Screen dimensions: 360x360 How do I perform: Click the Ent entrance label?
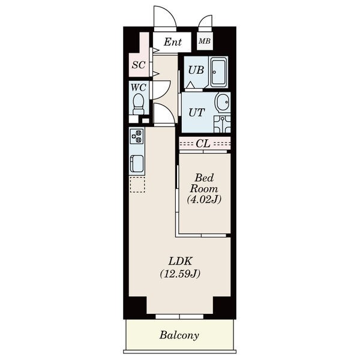coord(173,42)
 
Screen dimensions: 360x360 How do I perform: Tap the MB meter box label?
coord(205,41)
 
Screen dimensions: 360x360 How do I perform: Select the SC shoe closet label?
coord(139,65)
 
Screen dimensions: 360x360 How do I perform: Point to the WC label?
coord(139,88)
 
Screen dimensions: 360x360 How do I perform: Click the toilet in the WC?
coord(139,104)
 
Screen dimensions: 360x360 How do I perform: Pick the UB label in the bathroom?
coord(196,70)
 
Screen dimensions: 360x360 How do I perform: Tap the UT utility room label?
coord(197,113)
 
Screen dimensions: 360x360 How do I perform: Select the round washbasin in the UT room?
coord(222,102)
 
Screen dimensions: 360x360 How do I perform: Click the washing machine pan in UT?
coord(222,124)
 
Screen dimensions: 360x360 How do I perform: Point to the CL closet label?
coord(203,144)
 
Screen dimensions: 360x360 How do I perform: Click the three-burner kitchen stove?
coord(137,136)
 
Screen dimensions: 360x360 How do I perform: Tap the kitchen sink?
coord(137,164)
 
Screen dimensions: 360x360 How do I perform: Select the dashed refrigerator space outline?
coord(137,184)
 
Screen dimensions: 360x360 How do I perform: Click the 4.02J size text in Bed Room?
coord(204,200)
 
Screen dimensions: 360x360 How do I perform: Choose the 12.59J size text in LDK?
coord(180,274)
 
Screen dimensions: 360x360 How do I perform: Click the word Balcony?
coord(179,335)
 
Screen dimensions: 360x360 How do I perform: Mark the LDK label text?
coord(180,261)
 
